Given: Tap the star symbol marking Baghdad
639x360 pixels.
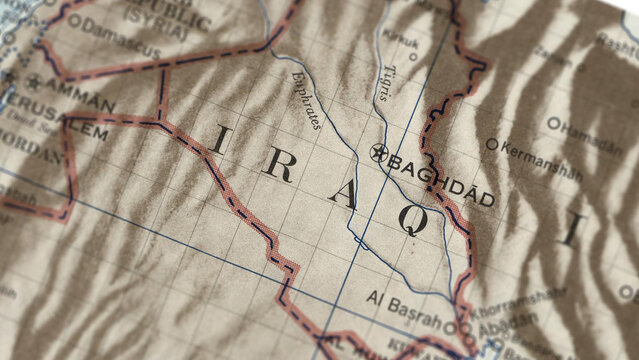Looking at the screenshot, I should (x=379, y=153).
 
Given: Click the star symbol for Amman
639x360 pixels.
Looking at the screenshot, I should (x=35, y=83).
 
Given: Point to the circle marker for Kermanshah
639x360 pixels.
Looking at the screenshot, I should (x=491, y=145).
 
